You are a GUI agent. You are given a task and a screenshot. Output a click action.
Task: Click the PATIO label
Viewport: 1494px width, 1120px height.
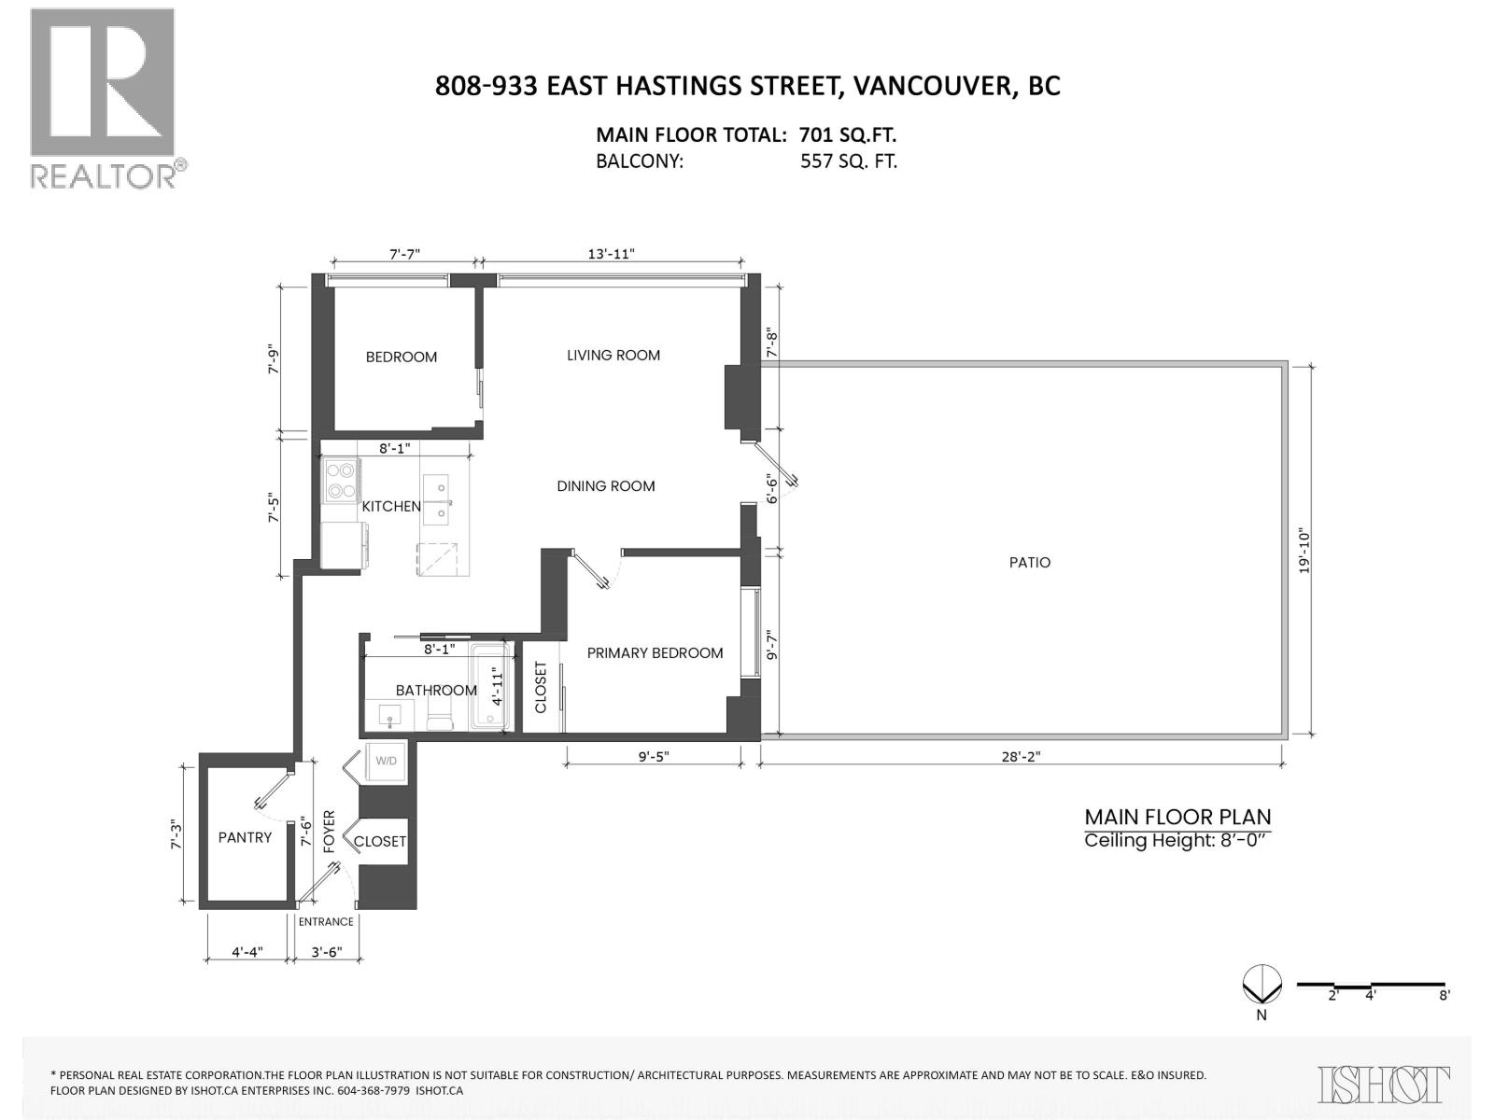(1029, 562)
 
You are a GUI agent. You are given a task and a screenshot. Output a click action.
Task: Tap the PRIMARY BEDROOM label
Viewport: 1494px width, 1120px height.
(655, 653)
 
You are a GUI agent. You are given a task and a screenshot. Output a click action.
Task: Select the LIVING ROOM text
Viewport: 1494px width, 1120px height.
(613, 356)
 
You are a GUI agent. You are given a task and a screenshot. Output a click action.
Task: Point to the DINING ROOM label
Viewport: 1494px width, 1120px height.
(605, 486)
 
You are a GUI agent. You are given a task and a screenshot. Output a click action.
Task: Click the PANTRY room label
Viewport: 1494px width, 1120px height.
(245, 837)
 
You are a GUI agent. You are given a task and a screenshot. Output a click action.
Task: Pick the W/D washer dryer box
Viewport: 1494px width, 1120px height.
(386, 761)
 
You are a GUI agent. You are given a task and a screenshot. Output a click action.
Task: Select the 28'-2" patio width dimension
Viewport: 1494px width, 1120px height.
(1021, 758)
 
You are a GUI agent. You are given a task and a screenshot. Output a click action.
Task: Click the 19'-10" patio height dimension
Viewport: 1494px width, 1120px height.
(1304, 551)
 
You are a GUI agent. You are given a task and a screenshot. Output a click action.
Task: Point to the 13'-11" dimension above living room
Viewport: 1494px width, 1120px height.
(612, 254)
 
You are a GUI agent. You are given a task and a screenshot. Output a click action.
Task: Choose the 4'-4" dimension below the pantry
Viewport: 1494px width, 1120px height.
(247, 953)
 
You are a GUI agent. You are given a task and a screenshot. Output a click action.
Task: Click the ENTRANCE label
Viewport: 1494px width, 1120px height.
(326, 922)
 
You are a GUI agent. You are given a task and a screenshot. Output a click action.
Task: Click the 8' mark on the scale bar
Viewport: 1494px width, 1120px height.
(1444, 995)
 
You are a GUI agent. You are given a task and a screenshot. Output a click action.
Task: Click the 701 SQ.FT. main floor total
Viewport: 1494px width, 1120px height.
(848, 134)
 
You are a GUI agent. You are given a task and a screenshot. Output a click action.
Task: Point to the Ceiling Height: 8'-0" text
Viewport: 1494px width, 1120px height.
(1177, 840)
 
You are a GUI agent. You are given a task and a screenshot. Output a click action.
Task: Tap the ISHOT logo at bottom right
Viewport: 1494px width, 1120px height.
(1384, 1085)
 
